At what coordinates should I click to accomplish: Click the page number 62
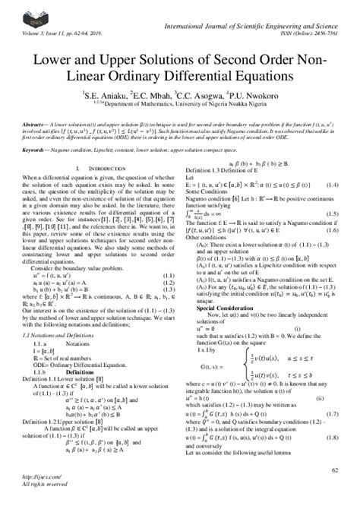tap(333, 471)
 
